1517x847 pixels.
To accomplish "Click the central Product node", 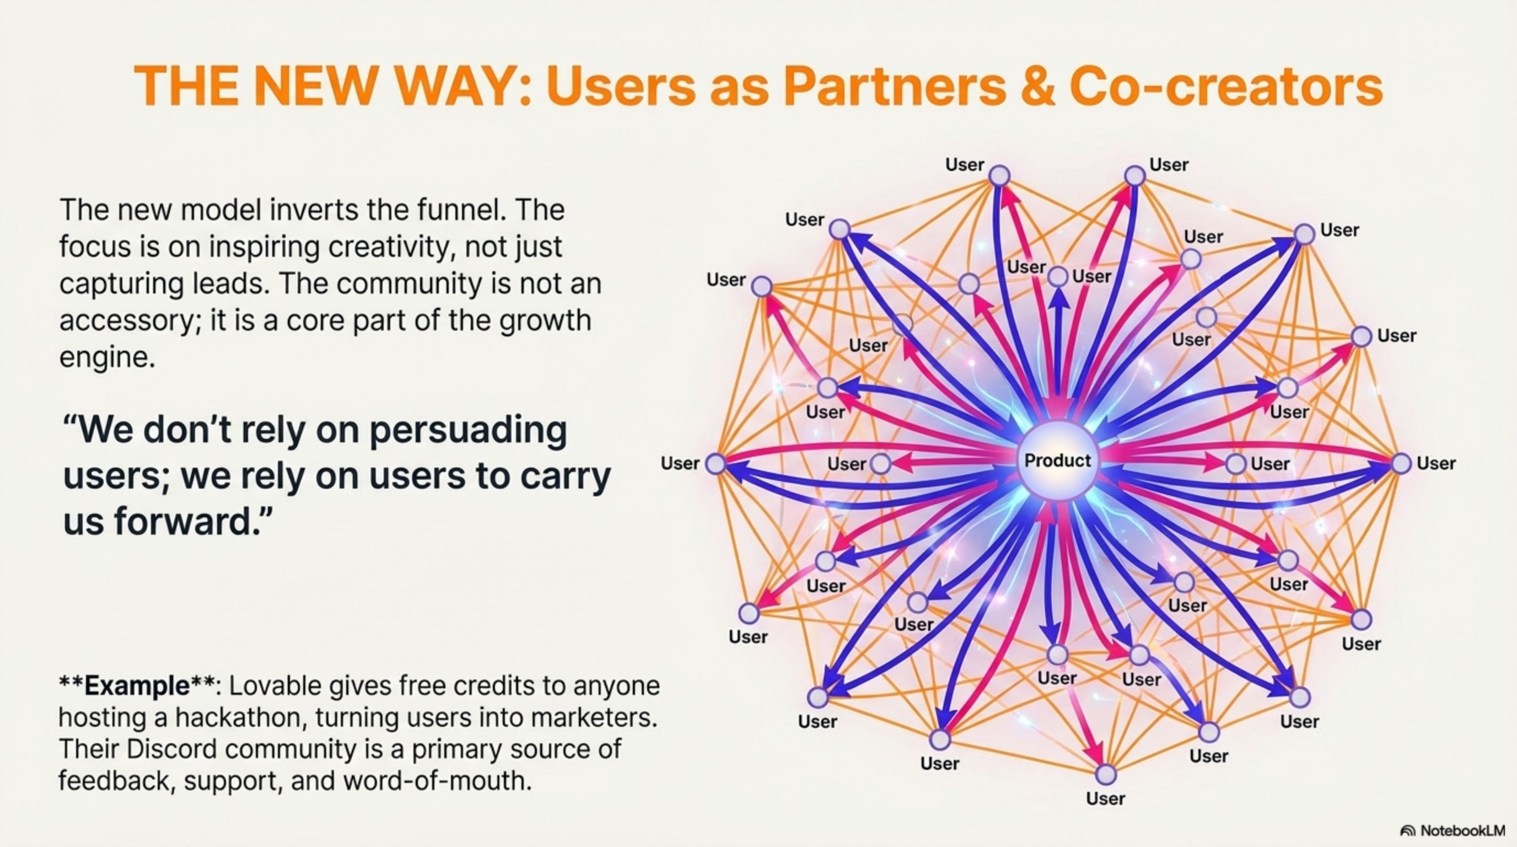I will (1058, 461).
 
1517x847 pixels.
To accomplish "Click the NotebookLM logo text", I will (1462, 831).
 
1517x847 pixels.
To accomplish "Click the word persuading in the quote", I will (468, 431).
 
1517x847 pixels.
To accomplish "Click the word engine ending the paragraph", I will (106, 357).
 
